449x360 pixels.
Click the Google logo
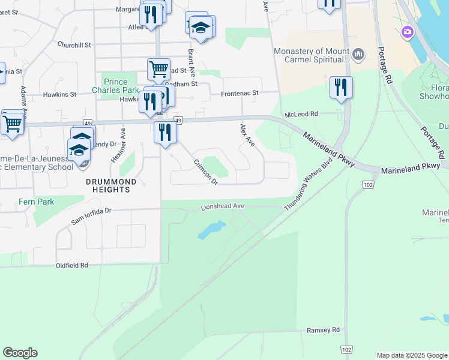[x=20, y=353]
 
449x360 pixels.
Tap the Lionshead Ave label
[x=222, y=207]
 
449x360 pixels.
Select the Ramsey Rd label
[x=323, y=330]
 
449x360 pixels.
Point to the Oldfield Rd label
[x=71, y=265]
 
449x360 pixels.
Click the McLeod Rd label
[x=301, y=113]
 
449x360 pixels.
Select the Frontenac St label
[x=240, y=94]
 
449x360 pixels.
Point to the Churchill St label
[x=74, y=44]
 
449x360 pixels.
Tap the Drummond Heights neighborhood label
[x=107, y=185]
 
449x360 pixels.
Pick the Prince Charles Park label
[x=121, y=86]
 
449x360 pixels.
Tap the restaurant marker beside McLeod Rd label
[x=341, y=88]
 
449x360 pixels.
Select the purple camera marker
[x=408, y=31]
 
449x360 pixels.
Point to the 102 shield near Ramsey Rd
[x=346, y=349]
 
